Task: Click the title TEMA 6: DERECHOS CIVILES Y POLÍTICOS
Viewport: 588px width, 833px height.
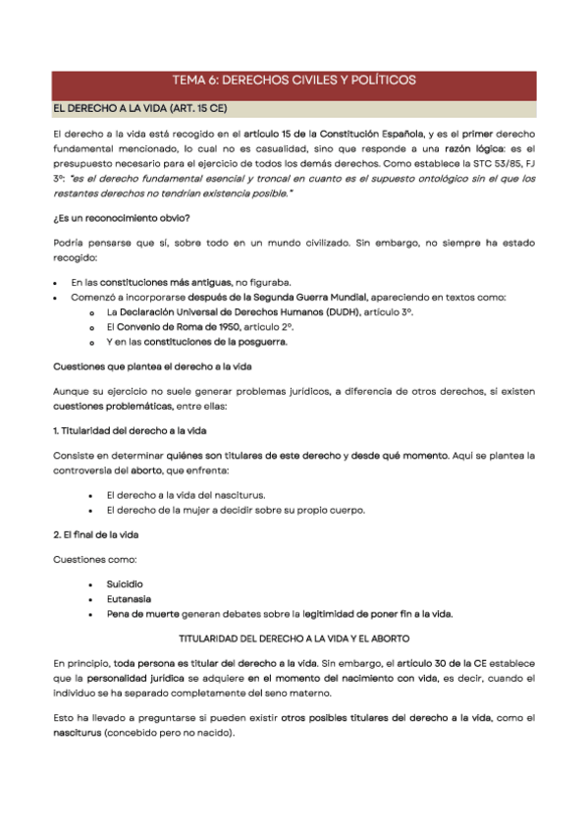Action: (294, 81)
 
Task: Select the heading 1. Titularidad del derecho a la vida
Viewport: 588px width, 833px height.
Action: (129, 431)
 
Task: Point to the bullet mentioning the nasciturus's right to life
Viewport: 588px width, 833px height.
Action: (186, 495)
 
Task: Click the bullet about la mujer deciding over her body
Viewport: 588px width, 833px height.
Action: (235, 510)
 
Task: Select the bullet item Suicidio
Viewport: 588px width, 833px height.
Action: (125, 583)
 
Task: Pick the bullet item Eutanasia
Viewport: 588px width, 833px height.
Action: (128, 598)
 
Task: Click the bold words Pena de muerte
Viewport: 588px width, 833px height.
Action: (143, 614)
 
